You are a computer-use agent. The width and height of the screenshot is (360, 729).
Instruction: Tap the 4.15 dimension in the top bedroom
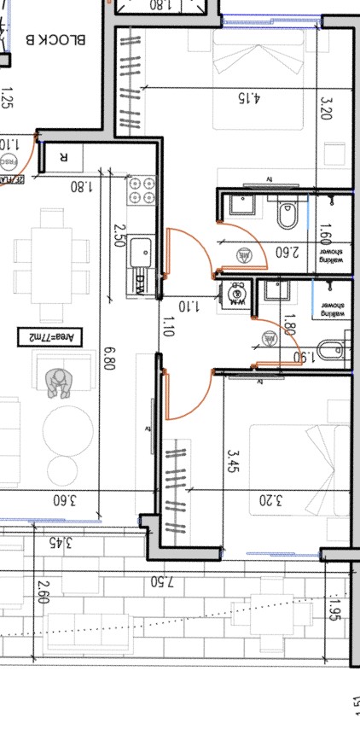(x=247, y=96)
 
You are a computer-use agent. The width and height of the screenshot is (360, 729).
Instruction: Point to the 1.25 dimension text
(x=8, y=102)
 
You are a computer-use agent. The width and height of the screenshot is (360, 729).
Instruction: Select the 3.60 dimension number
(x=66, y=500)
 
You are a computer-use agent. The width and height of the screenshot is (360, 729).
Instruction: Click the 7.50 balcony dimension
(x=162, y=582)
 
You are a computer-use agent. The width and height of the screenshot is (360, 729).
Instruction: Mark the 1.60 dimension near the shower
(x=323, y=232)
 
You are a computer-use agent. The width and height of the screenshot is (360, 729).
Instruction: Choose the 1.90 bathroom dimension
(x=299, y=359)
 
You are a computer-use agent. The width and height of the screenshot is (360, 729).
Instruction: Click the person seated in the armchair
(x=60, y=383)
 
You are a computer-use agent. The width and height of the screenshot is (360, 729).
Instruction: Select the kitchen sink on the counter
(x=141, y=253)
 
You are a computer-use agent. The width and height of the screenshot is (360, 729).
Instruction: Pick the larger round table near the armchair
(x=70, y=424)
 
